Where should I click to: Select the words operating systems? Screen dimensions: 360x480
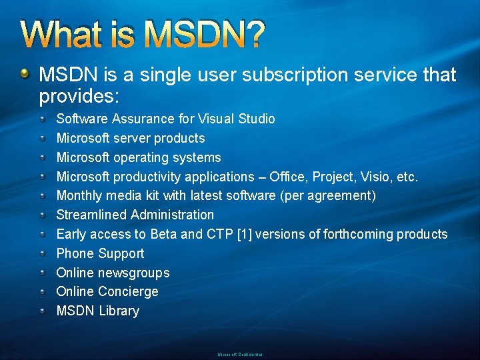(x=167, y=157)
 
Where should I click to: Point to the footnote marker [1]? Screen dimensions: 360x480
(x=247, y=234)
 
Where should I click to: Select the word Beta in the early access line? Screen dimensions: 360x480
(x=164, y=234)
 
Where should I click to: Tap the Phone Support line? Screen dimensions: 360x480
(x=100, y=253)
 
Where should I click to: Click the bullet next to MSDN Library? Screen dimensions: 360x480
(x=42, y=311)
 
